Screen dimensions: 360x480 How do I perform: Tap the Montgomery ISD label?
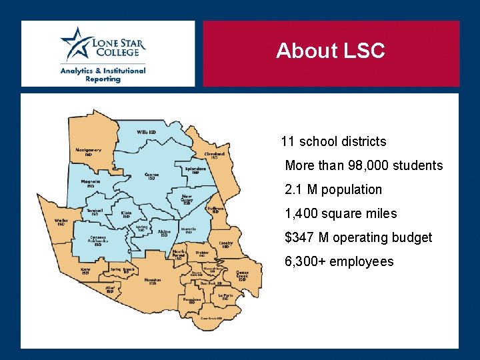(88, 152)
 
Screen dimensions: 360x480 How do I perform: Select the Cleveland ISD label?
(214, 155)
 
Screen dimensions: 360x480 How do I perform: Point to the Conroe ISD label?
(151, 177)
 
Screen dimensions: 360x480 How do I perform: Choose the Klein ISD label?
(126, 215)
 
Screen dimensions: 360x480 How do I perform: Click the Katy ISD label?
(85, 271)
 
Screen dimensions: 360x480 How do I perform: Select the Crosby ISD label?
(226, 245)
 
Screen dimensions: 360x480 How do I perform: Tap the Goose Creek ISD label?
(242, 275)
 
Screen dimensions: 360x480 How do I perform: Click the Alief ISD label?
(109, 289)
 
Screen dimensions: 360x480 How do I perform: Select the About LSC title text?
(330, 51)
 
